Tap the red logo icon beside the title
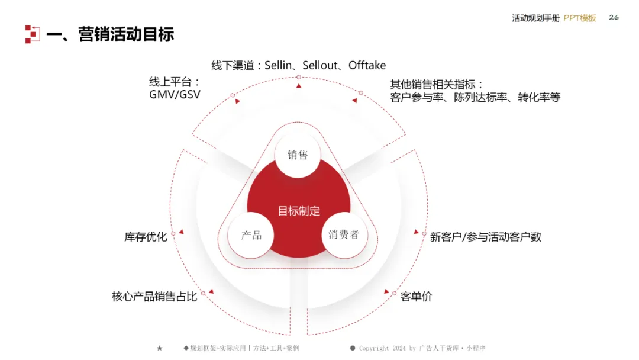[32, 34]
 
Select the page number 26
[614, 17]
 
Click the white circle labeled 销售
[298, 155]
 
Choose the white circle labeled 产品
[251, 235]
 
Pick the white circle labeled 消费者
[344, 234]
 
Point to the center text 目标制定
[299, 211]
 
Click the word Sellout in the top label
[319, 65]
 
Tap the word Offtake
[367, 65]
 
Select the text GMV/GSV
[171, 95]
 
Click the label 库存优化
[146, 237]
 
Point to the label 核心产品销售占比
[154, 296]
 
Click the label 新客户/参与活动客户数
[486, 237]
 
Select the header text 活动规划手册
[535, 18]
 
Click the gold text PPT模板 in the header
[579, 18]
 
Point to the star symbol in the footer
[159, 348]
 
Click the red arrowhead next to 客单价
[387, 291]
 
